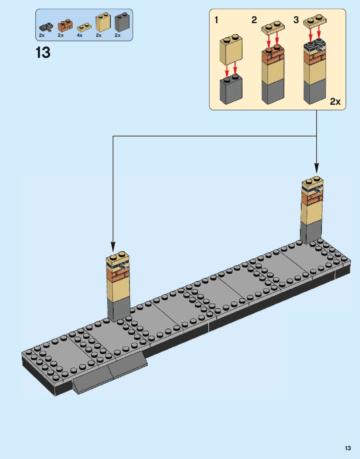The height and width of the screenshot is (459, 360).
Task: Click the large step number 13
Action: pos(43,53)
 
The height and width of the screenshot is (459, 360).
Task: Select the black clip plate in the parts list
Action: pos(46,27)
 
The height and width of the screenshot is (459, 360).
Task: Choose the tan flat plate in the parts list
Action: pos(84,27)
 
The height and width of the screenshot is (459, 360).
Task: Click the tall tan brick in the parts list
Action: pos(103,22)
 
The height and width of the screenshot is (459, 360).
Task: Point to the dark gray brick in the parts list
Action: pos(122,22)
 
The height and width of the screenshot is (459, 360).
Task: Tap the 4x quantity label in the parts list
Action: pos(80,35)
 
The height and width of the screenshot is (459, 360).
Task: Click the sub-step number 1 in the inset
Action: pos(216,20)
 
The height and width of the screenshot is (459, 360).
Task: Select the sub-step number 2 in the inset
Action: pos(254,20)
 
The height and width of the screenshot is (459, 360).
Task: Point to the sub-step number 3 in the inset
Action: pos(296,20)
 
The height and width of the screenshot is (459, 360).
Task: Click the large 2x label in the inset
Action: pos(335,102)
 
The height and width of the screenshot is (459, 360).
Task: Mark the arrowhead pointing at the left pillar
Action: pos(113,247)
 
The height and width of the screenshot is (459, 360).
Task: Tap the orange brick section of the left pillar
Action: pos(118,275)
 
